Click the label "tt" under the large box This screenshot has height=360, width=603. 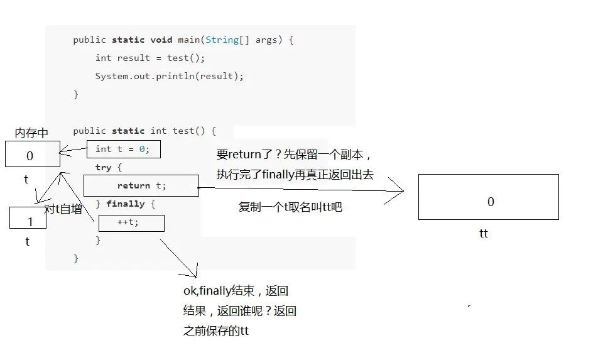pos(484,233)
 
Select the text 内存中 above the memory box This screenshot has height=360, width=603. pos(31,133)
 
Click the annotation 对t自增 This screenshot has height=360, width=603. pos(63,209)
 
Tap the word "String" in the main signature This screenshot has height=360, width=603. pos(222,40)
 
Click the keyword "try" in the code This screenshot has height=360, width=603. pos(103,167)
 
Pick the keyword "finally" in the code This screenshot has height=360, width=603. pos(126,204)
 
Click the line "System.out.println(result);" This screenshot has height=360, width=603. pos(169,76)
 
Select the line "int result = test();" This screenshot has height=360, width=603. pos(150,58)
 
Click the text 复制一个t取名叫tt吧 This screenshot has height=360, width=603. pos(290,207)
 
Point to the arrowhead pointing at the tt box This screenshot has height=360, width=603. pos(403,190)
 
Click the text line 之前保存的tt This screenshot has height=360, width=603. pos(216,330)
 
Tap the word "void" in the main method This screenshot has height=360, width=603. pos(161,40)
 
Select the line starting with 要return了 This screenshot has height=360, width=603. pos(294,155)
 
